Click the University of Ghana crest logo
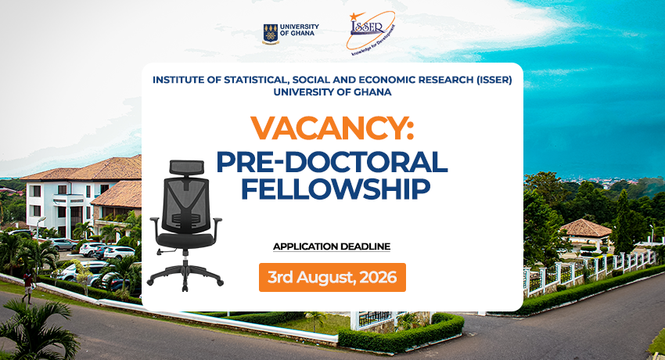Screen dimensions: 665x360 pos(270,34)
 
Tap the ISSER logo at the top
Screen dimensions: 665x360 pos(370,32)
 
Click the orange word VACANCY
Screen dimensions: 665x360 pos(332,128)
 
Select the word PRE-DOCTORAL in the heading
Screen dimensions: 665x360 pos(332,163)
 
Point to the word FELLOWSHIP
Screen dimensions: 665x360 pos(336,189)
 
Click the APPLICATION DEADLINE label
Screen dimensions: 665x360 pos(332,247)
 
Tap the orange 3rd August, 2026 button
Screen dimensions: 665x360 pos(332,277)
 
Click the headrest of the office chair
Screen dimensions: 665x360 pos(187,167)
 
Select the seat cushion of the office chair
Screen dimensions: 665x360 pos(185,240)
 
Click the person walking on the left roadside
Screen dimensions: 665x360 pos(27,286)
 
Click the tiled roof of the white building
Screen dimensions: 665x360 pos(84,169)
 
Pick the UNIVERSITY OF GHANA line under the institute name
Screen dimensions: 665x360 pos(332,92)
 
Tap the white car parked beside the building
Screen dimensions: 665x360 pos(119,253)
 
